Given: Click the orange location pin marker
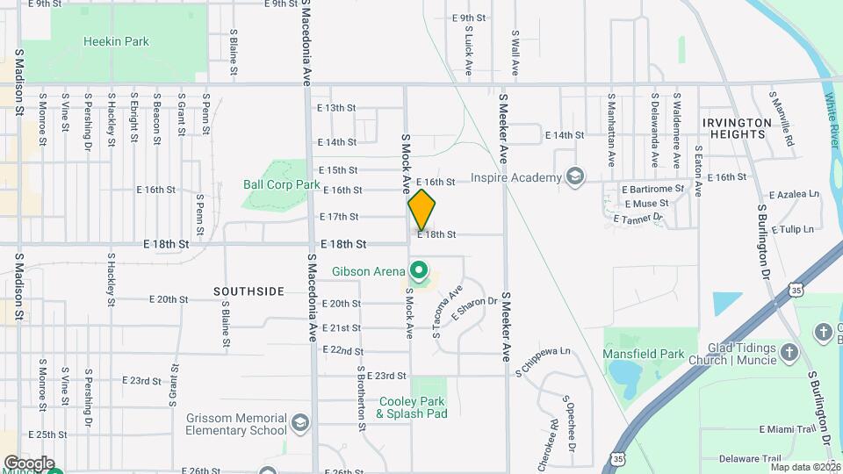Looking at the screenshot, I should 421,210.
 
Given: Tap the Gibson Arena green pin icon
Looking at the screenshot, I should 420,270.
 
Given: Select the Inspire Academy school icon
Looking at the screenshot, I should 574,178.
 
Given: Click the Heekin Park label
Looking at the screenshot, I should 116,41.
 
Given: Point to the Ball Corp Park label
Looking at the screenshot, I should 281,185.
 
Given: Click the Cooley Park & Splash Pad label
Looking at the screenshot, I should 413,407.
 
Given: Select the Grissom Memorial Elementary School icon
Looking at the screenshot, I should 300,424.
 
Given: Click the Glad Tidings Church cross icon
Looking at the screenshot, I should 789,354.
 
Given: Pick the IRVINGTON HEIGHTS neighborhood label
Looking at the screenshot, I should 734,128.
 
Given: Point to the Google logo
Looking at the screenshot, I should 29,463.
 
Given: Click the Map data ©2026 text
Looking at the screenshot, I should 805,467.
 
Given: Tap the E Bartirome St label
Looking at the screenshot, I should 652,189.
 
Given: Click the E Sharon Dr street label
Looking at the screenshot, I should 474,308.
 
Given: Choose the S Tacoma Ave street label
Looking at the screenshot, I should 445,312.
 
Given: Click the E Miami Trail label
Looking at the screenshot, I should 788,428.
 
